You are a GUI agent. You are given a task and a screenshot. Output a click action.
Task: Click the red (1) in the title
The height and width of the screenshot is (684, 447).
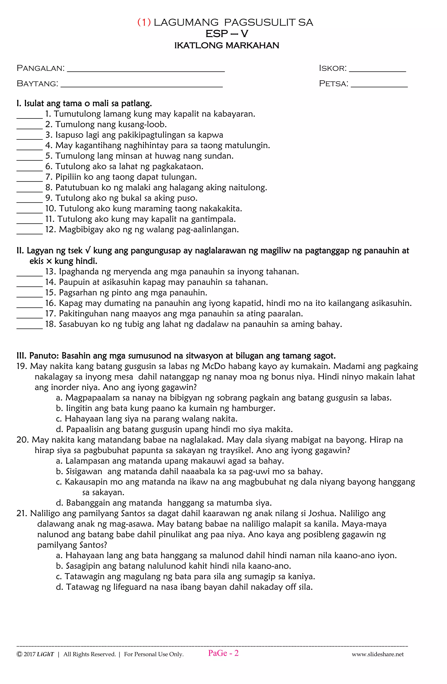(x=144, y=22)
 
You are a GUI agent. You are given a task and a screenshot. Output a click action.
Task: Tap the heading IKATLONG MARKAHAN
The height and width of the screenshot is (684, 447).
(x=227, y=45)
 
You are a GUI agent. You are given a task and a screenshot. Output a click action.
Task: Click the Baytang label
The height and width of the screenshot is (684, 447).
(x=37, y=84)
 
